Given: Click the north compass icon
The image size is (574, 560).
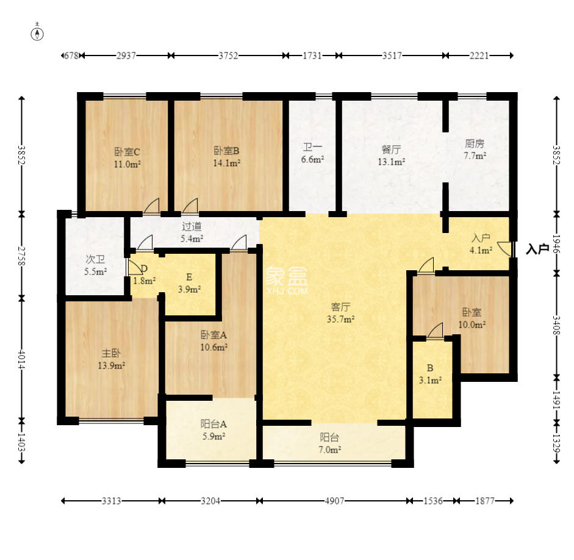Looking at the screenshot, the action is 37,34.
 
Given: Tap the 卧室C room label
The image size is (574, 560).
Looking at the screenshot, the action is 127,151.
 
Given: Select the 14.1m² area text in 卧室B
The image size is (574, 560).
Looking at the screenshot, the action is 226,163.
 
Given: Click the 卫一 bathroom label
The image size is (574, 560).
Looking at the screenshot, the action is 312,148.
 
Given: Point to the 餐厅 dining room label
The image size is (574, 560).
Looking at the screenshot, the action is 391,149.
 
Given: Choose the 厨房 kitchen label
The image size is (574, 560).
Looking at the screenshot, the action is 475,143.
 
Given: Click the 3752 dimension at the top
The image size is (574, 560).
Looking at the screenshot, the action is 228,56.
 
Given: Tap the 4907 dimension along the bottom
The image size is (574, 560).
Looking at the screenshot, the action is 334,501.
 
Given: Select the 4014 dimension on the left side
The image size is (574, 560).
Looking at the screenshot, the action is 22,360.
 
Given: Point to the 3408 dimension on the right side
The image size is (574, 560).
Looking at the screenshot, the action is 556,325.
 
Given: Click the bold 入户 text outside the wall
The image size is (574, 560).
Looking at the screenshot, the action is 537,249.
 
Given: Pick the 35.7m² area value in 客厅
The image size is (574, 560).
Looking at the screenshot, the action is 340,319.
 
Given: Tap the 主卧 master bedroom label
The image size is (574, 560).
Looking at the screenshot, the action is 111,353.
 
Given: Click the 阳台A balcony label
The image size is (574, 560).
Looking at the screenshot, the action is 213,424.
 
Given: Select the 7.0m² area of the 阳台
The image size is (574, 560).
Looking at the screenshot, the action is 329,450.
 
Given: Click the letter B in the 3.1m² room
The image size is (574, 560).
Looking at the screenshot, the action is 430,368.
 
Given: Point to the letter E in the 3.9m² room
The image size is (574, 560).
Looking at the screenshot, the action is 189,277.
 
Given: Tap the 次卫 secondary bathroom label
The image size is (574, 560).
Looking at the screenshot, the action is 95,259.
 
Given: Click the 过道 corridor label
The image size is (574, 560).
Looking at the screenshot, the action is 192,226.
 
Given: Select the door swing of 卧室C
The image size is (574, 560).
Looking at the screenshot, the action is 152,206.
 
